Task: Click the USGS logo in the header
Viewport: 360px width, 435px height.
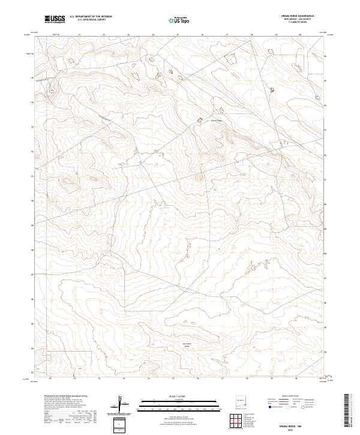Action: (x=55, y=20)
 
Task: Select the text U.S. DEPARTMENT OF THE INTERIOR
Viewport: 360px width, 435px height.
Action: (x=91, y=17)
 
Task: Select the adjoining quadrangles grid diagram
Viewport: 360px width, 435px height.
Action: (x=236, y=423)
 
